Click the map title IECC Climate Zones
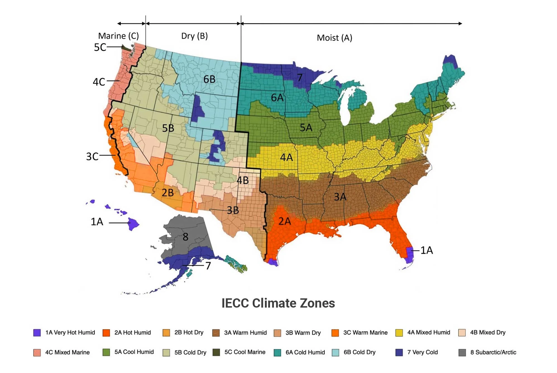pos(278,303)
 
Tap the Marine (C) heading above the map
pos(118,36)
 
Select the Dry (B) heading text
pos(194,36)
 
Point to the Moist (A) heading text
pos(334,38)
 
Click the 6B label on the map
pos(209,79)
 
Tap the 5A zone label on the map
pos(306,128)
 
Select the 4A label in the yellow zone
pos(286,158)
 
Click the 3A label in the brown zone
pos(340,197)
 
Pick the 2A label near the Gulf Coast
pos(285,221)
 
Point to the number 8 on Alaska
pos(185,237)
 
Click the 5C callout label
pos(100,47)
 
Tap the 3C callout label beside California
pos(92,157)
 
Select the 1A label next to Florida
pos(427,250)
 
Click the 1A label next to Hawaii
pos(97,222)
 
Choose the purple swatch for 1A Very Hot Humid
pos(37,332)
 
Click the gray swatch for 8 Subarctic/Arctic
pos(462,352)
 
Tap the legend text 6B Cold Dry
pos(359,352)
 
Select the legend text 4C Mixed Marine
pos(67,352)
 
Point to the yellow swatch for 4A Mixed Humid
pos(399,332)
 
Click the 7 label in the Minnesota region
pos(300,77)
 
